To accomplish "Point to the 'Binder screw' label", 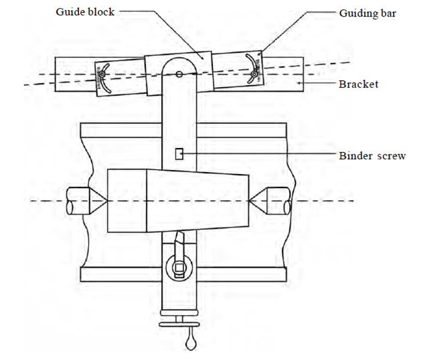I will pyautogui.click(x=371, y=156).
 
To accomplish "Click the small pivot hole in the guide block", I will pyautogui.click(x=178, y=75).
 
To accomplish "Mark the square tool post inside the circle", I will pyautogui.click(x=179, y=270).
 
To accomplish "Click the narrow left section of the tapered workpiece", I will pyautogui.click(x=127, y=201).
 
